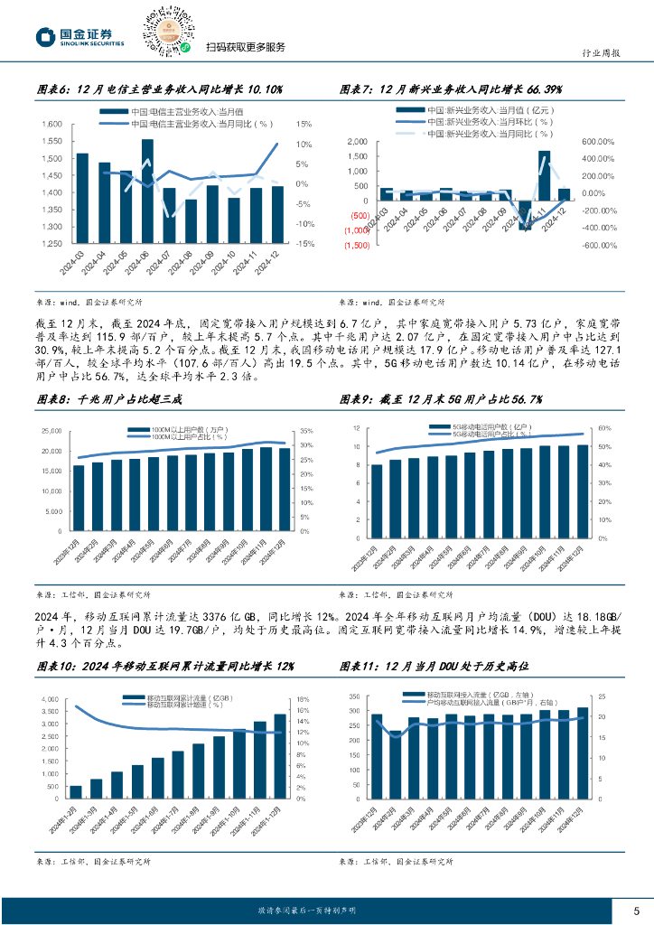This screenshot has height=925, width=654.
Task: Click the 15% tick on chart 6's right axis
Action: pos(304,125)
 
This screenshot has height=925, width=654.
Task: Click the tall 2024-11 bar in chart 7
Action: pos(544,175)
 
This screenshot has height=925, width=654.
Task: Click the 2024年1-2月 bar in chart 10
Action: pos(75,791)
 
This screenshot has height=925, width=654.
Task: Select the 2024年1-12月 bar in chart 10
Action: pos(280,743)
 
